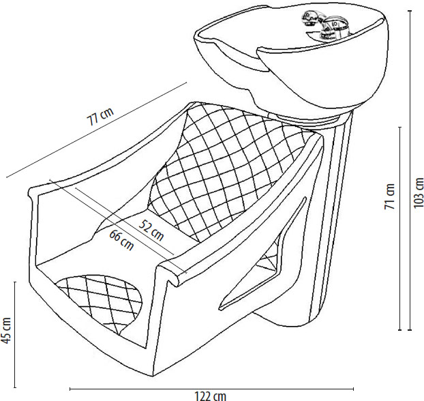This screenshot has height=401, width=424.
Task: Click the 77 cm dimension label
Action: point(100,116)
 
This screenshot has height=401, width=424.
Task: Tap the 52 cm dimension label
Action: point(151,230)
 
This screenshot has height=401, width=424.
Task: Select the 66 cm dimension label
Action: point(122,240)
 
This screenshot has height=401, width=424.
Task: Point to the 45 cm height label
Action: point(6,330)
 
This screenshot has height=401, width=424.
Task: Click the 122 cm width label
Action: point(211,396)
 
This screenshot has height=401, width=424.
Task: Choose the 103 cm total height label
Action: point(419,192)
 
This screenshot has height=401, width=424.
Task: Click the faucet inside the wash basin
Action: point(325,25)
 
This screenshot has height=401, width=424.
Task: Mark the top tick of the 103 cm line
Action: point(410,11)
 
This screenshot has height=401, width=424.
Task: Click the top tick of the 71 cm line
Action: point(400,127)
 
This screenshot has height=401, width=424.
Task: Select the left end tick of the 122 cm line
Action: point(70,389)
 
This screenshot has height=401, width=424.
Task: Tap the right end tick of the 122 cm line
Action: point(353,389)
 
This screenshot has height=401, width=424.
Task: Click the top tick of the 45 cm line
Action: point(15,282)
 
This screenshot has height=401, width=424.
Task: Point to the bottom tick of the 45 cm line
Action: point(15,387)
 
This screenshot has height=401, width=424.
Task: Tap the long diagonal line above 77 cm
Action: point(97,130)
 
